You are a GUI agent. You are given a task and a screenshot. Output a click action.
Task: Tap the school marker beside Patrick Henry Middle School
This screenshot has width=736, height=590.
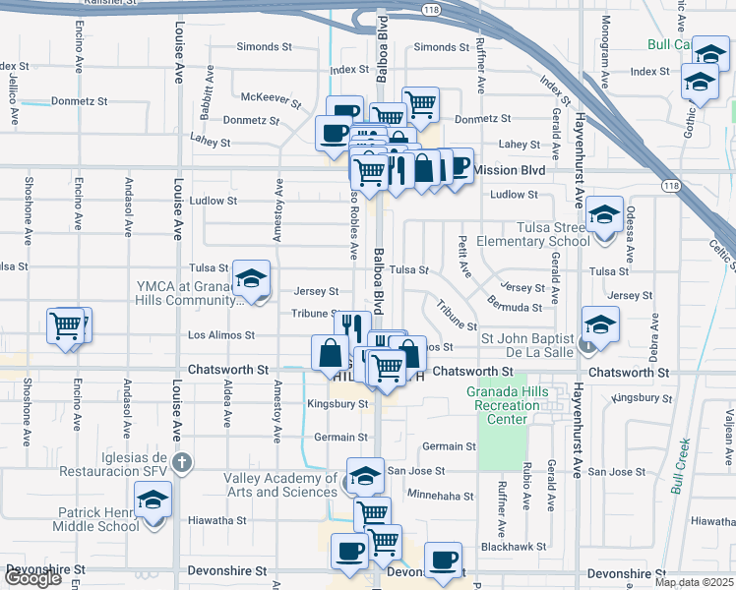click(x=153, y=501)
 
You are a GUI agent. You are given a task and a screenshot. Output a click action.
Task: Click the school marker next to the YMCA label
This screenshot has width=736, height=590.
click(x=251, y=281)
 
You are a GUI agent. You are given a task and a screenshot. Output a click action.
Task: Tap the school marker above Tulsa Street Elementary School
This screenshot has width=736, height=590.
click(x=603, y=214)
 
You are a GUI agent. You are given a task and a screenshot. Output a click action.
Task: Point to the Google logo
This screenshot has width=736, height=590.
click(x=32, y=578)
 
